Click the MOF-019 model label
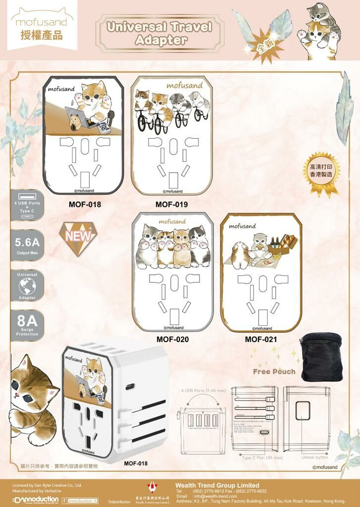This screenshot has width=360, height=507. click(x=171, y=204)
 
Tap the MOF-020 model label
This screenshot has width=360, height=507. click(x=172, y=340)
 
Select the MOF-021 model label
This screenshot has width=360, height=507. click(x=261, y=340)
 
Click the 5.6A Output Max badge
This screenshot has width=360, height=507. click(x=27, y=246)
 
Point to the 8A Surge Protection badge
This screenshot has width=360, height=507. click(x=27, y=325)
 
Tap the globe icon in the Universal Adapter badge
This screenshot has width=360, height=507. click(x=27, y=286)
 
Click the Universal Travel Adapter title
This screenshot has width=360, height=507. click(x=159, y=33)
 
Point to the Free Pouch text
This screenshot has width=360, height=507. click(x=274, y=371)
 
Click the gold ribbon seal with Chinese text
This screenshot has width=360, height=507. click(x=321, y=171)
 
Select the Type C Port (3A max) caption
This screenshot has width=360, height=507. click(x=262, y=457)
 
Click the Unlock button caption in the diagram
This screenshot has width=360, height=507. click(x=314, y=457)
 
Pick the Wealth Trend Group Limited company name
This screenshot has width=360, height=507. click(x=217, y=485)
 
